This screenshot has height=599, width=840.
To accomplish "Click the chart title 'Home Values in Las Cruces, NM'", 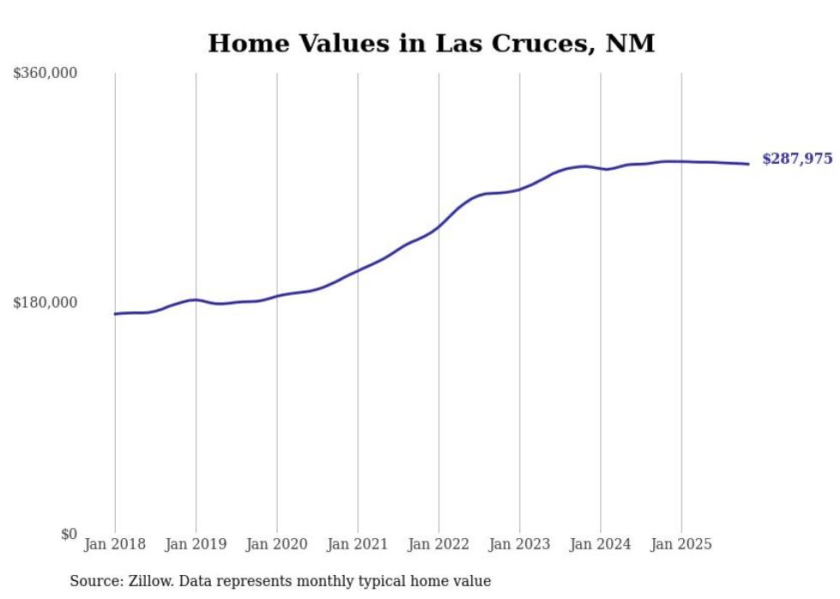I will [431, 44].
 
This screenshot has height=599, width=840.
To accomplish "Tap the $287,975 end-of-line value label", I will [797, 159].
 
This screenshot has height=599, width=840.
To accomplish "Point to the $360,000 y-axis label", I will [45, 74].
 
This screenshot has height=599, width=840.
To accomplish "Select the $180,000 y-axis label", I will [45, 302].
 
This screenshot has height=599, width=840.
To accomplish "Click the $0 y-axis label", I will [69, 534].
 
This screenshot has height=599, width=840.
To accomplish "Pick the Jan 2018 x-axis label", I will [115, 544].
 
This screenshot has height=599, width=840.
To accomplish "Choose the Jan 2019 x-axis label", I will [195, 544].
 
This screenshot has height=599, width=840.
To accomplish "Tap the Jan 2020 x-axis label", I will [277, 544].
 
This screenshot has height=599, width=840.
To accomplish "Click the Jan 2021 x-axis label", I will [357, 544].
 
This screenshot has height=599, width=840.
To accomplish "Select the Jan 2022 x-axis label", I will [439, 544].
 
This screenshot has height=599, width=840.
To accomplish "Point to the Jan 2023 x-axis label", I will [519, 544].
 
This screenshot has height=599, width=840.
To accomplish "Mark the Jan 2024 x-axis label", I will [600, 544].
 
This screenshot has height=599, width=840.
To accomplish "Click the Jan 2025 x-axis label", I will [681, 544].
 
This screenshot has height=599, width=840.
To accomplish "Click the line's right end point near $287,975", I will [748, 164].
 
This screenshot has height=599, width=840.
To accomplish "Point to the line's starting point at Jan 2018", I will [115, 314].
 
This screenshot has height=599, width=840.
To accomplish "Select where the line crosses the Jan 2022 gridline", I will [439, 225].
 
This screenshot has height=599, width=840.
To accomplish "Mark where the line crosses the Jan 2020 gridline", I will [277, 296].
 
